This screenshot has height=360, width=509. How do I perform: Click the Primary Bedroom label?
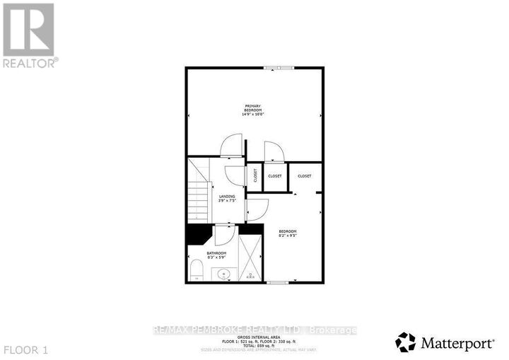point(253,110)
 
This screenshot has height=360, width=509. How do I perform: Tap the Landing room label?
point(227,198)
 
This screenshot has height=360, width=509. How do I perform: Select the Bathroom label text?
point(216,255)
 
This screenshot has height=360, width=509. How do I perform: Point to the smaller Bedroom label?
point(287,233)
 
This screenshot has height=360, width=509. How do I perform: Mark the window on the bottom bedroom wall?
point(278,283)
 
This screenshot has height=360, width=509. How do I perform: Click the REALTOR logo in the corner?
point(29,35)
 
